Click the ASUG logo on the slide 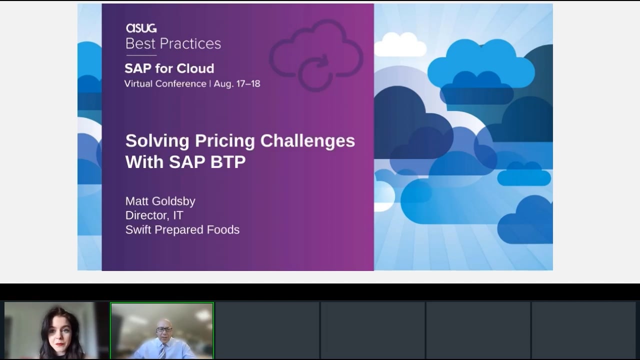(141, 28)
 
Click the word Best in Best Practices (139, 43)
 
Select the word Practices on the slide (190, 43)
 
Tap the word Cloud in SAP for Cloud (195, 68)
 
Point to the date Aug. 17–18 (237, 83)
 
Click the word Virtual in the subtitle (137, 83)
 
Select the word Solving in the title (157, 141)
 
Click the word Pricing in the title (225, 141)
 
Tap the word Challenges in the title (307, 141)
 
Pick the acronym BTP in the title (228, 162)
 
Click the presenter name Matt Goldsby (160, 201)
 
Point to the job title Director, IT (154, 215)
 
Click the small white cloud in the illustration (400, 44)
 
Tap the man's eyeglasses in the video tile (164, 329)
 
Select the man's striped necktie (162, 351)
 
